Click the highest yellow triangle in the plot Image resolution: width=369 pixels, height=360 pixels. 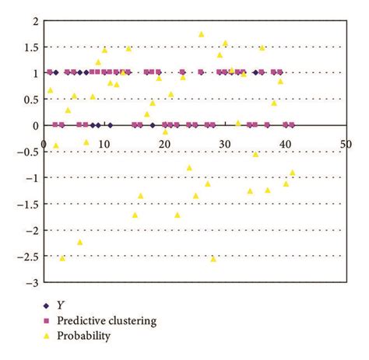point(201,34)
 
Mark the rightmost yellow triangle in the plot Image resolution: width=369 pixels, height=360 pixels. point(293,173)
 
